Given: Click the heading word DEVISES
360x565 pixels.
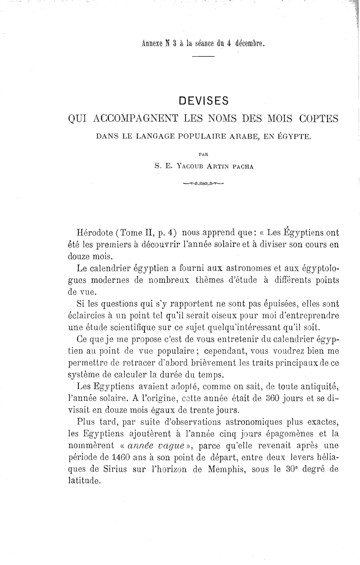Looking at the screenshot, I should (x=204, y=101).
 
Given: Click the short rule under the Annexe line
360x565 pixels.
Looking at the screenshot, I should (x=204, y=57).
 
